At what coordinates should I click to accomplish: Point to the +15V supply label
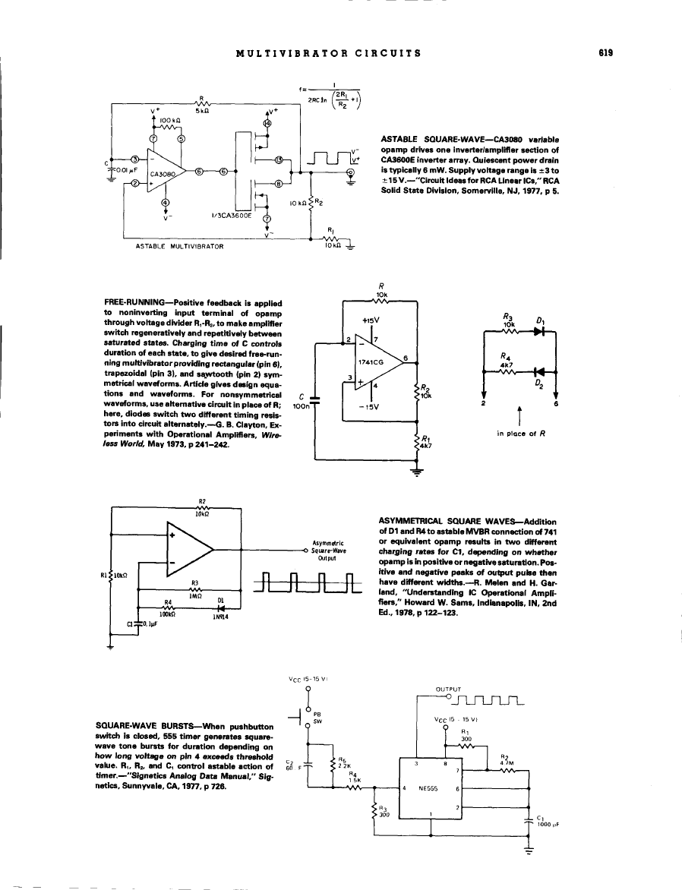pyautogui.click(x=371, y=320)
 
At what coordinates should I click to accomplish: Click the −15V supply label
pyautogui.click(x=371, y=405)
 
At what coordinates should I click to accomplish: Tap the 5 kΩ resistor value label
pyautogui.click(x=201, y=110)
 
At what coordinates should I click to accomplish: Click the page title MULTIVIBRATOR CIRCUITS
pyautogui.click(x=329, y=53)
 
